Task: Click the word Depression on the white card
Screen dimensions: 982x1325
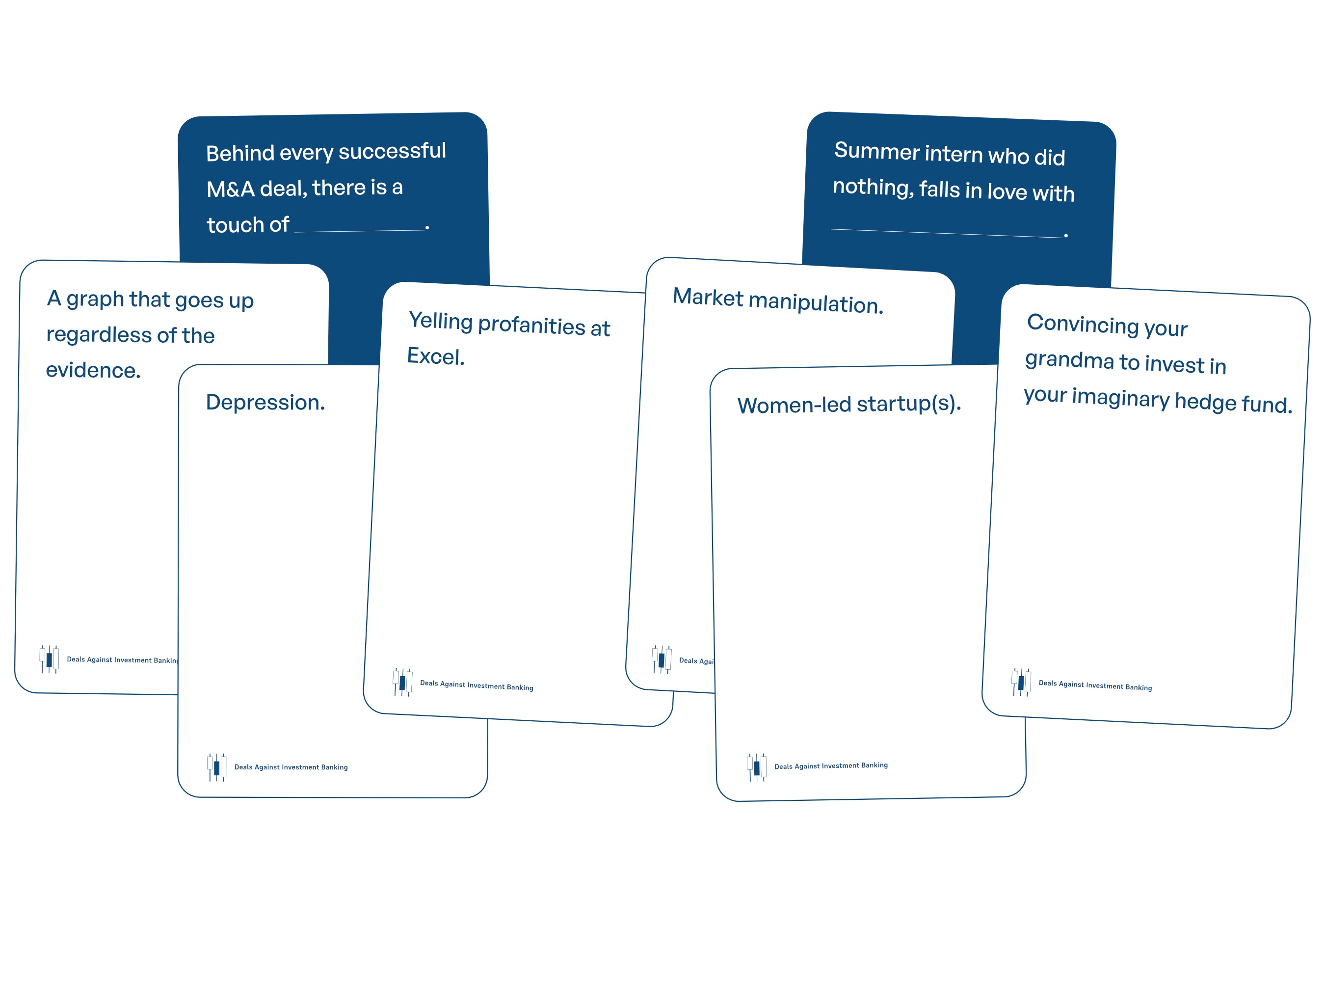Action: [x=265, y=403]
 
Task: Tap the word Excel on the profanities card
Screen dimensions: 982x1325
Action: [x=435, y=356]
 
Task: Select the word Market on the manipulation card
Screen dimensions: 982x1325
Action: [x=707, y=297]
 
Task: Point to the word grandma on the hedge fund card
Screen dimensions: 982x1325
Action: [x=1069, y=360]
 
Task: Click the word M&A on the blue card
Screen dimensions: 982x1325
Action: [x=231, y=190]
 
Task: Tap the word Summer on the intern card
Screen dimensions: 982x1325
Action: [x=876, y=151]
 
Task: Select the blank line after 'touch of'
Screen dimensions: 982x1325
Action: [x=360, y=230]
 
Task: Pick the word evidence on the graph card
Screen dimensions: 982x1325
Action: [x=93, y=370]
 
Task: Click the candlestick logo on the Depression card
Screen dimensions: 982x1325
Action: [x=216, y=767]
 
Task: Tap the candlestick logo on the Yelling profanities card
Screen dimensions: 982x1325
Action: [x=402, y=682]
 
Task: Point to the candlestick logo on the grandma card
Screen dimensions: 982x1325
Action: [x=1021, y=682]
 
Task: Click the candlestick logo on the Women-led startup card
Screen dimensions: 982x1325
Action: [x=756, y=767]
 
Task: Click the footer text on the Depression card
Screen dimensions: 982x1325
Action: [x=291, y=767]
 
